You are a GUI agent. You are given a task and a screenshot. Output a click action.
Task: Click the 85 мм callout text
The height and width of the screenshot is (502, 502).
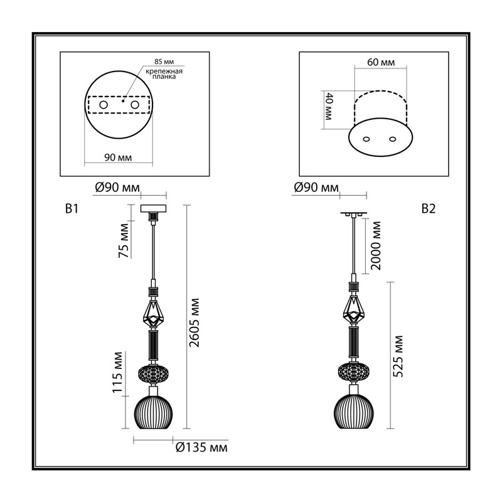point(164,61)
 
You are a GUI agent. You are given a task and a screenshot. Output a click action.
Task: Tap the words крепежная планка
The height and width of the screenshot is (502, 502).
point(164,74)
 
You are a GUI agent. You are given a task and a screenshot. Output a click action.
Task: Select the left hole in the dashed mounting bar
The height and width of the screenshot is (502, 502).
point(104,105)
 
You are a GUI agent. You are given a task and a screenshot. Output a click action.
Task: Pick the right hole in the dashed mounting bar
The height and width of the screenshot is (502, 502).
point(135,105)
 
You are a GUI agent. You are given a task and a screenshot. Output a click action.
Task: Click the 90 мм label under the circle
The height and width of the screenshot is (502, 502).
point(118,158)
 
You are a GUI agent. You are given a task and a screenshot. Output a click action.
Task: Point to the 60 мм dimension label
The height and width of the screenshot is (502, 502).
point(381,62)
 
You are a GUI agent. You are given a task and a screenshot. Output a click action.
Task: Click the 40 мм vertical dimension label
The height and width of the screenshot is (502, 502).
point(329,106)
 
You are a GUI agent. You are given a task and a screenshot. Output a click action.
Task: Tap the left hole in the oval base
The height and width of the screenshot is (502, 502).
point(366,139)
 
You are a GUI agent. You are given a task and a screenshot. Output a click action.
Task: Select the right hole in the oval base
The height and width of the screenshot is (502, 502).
point(393,139)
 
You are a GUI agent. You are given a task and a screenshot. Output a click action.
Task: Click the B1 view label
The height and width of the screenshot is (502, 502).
point(72,209)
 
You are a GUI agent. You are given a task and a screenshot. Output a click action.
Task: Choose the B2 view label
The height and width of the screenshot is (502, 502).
point(429,209)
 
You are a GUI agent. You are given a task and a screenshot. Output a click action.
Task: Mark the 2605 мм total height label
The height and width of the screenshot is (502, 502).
point(195,323)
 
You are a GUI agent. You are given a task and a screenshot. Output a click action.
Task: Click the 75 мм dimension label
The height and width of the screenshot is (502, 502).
point(124,240)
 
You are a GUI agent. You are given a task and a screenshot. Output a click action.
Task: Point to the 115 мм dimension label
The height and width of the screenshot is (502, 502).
point(117,372)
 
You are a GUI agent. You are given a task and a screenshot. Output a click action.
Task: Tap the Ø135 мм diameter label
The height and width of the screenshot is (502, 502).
point(201,447)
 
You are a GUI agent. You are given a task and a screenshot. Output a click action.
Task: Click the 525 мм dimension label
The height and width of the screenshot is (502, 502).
point(398,356)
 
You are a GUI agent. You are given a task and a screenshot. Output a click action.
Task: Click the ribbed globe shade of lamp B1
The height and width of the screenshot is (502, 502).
point(154,412)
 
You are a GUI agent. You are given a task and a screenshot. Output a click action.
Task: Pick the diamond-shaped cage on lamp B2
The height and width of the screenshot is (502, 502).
point(354,311)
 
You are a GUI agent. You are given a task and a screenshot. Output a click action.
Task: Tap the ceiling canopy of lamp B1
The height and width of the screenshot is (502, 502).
point(153,208)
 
